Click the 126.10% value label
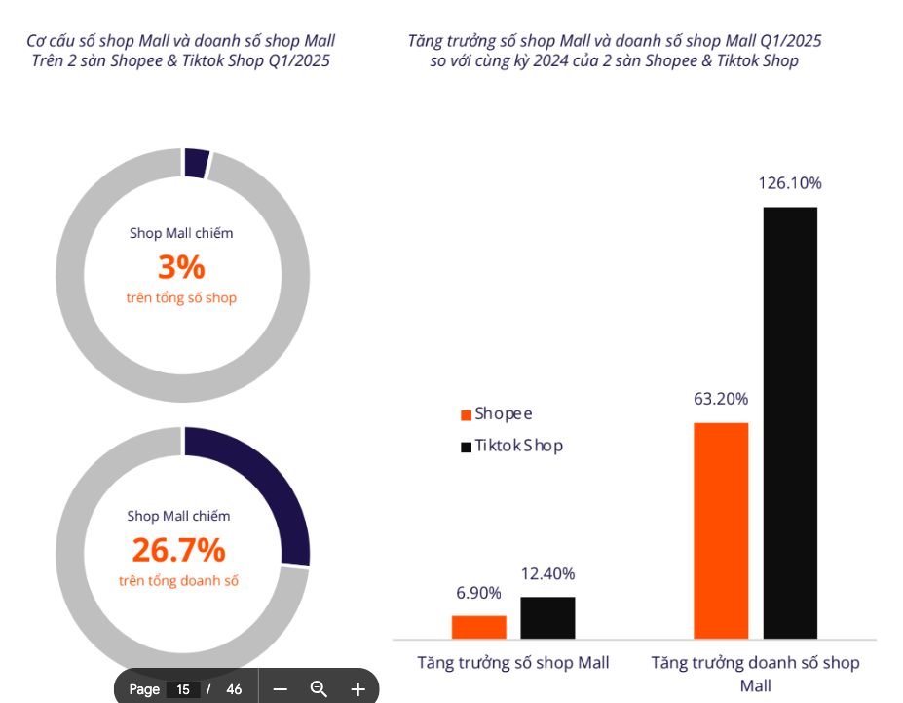[790, 183]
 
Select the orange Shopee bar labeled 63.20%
[721, 530]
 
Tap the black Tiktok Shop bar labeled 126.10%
[790, 423]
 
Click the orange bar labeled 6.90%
[478, 627]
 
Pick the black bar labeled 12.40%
[547, 617]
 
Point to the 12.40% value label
[547, 574]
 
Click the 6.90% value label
[478, 593]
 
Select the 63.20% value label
[721, 399]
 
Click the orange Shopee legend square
[467, 415]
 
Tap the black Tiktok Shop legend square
[467, 447]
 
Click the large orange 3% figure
[181, 266]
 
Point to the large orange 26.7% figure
[179, 550]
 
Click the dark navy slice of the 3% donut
[196, 163]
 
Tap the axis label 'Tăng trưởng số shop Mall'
[513, 663]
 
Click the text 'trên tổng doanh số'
[179, 581]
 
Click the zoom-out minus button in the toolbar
[281, 689]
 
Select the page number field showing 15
[183, 689]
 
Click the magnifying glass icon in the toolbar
[319, 689]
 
